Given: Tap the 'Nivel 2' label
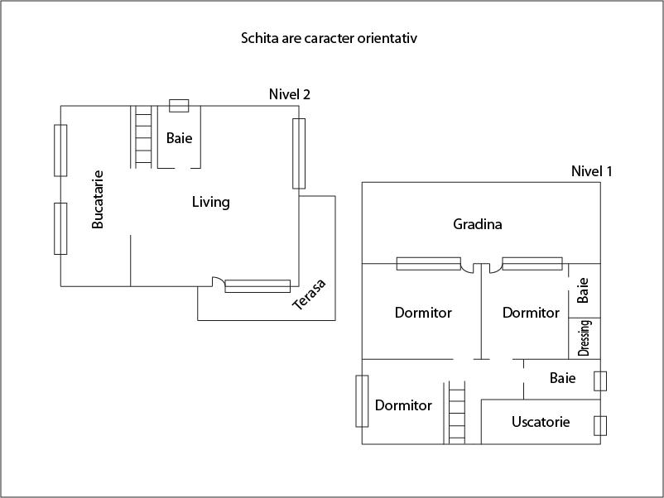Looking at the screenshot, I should (290, 94).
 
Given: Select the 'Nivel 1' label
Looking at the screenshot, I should (592, 172).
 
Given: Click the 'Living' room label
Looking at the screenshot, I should (210, 202).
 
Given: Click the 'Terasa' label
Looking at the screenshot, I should (310, 295).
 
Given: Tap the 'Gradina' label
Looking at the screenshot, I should (478, 224).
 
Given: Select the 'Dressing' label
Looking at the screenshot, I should (585, 338).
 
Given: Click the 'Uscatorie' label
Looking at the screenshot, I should (541, 422).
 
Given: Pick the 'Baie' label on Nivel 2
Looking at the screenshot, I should (179, 138).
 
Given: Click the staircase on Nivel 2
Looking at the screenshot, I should (143, 136).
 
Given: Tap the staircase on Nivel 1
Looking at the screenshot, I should (457, 413).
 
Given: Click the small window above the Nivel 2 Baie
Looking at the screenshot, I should (179, 105).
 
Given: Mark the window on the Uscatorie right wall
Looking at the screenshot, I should (600, 425).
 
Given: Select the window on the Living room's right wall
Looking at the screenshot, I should (299, 153).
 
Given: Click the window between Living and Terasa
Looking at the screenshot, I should (257, 286).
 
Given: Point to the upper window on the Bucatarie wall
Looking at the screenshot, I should (60, 150).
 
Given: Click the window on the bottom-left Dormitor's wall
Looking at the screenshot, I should (362, 401).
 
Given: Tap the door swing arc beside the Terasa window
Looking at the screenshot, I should (218, 281).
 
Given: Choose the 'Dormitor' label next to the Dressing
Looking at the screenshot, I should (531, 313).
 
